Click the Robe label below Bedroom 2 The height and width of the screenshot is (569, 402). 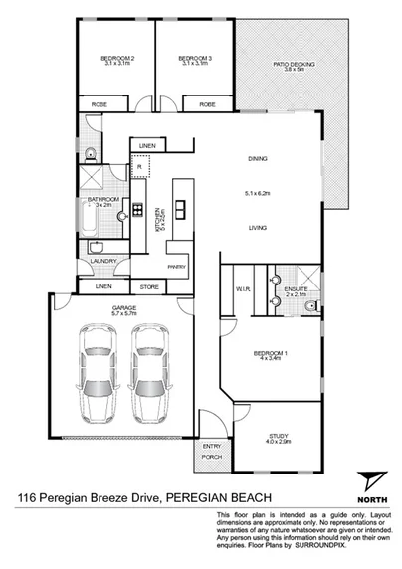100,104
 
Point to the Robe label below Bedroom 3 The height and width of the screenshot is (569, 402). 207,104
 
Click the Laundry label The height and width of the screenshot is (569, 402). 102,262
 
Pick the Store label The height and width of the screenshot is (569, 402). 149,287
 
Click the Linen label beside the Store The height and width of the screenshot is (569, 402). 102,287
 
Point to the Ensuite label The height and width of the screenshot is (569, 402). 296,289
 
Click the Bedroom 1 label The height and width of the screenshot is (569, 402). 272,355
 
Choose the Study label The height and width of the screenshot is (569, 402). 279,436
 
